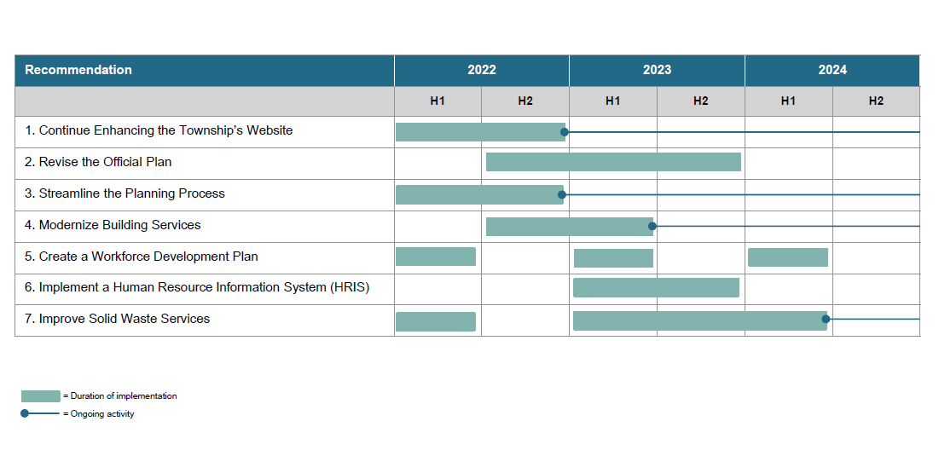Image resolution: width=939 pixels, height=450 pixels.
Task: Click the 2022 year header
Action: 482,70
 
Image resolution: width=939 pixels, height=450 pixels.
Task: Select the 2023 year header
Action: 657,70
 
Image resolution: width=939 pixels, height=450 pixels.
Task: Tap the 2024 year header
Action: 832,70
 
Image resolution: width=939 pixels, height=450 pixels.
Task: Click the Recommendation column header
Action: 78,70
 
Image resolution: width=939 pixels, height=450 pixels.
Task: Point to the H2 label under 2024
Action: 876,101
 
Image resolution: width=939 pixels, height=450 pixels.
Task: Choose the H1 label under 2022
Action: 438,101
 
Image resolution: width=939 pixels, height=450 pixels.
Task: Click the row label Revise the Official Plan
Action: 98,162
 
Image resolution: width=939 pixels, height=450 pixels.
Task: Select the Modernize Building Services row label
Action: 113,225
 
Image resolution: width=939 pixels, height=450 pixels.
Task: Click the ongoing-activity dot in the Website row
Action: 565,132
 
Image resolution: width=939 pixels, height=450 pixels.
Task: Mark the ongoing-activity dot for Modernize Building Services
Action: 652,226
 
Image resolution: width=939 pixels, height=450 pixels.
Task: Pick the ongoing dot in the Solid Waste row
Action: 826,320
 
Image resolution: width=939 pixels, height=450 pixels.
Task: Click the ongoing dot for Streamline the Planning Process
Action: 562,195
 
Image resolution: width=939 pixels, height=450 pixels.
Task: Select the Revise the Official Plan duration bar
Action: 613,162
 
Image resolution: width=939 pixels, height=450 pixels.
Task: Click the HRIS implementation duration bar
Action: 656,288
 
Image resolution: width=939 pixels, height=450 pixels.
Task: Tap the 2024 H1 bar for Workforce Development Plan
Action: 788,257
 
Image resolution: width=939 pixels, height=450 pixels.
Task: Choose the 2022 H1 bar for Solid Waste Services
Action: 436,321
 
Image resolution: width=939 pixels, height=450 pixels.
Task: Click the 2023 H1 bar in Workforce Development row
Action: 613,258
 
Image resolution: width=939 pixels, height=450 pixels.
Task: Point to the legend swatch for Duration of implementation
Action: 41,396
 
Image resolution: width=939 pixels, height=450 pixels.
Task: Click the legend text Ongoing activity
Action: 102,414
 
